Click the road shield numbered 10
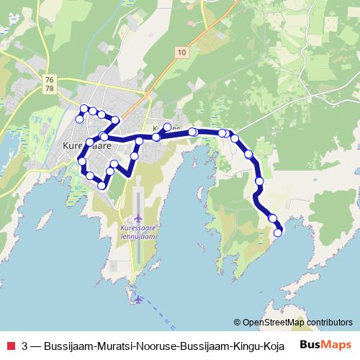tap(180, 52)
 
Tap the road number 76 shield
tap(48, 78)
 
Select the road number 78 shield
tap(48, 87)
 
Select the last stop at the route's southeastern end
tap(278, 232)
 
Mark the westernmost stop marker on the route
tap(78, 120)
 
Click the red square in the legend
tap(10, 344)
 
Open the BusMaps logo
tap(325, 344)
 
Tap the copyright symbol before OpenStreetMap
tap(238, 323)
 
